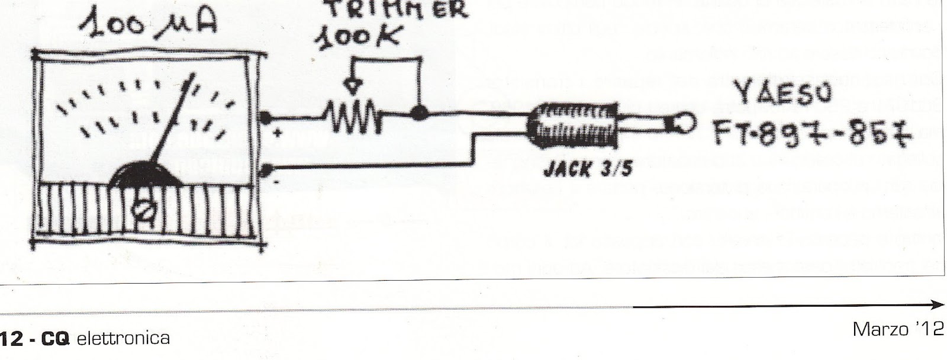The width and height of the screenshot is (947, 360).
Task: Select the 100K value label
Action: pos(355,38)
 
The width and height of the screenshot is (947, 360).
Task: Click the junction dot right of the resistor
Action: pos(420,112)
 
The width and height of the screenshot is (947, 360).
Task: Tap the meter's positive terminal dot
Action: pos(267,117)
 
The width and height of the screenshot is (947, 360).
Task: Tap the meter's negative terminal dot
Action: pos(267,171)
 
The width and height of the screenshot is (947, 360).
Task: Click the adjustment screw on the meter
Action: pos(142,207)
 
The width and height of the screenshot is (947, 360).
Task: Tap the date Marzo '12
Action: pos(897,329)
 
